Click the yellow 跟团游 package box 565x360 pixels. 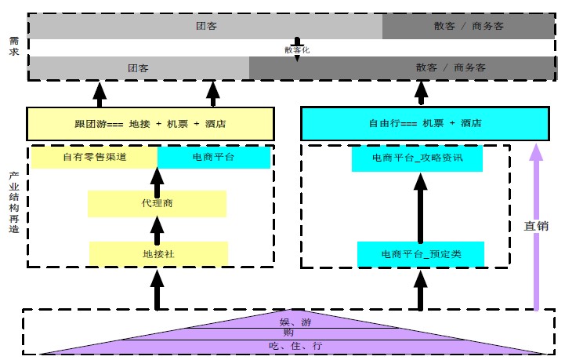[x=150, y=124]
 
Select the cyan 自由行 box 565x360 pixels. [x=424, y=124]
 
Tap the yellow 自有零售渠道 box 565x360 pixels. [x=94, y=158]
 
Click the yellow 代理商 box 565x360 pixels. [x=157, y=204]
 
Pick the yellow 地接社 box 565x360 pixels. [x=158, y=253]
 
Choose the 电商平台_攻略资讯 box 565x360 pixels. [x=417, y=158]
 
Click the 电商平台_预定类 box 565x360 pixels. [x=421, y=253]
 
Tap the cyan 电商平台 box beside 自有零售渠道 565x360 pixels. [x=213, y=158]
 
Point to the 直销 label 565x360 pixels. [x=536, y=226]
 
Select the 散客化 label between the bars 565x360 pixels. [x=297, y=49]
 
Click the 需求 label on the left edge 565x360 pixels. [x=13, y=46]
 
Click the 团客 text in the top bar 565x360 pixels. [x=206, y=26]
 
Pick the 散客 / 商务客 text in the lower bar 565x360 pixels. [x=451, y=68]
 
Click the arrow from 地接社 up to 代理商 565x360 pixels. [x=157, y=229]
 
